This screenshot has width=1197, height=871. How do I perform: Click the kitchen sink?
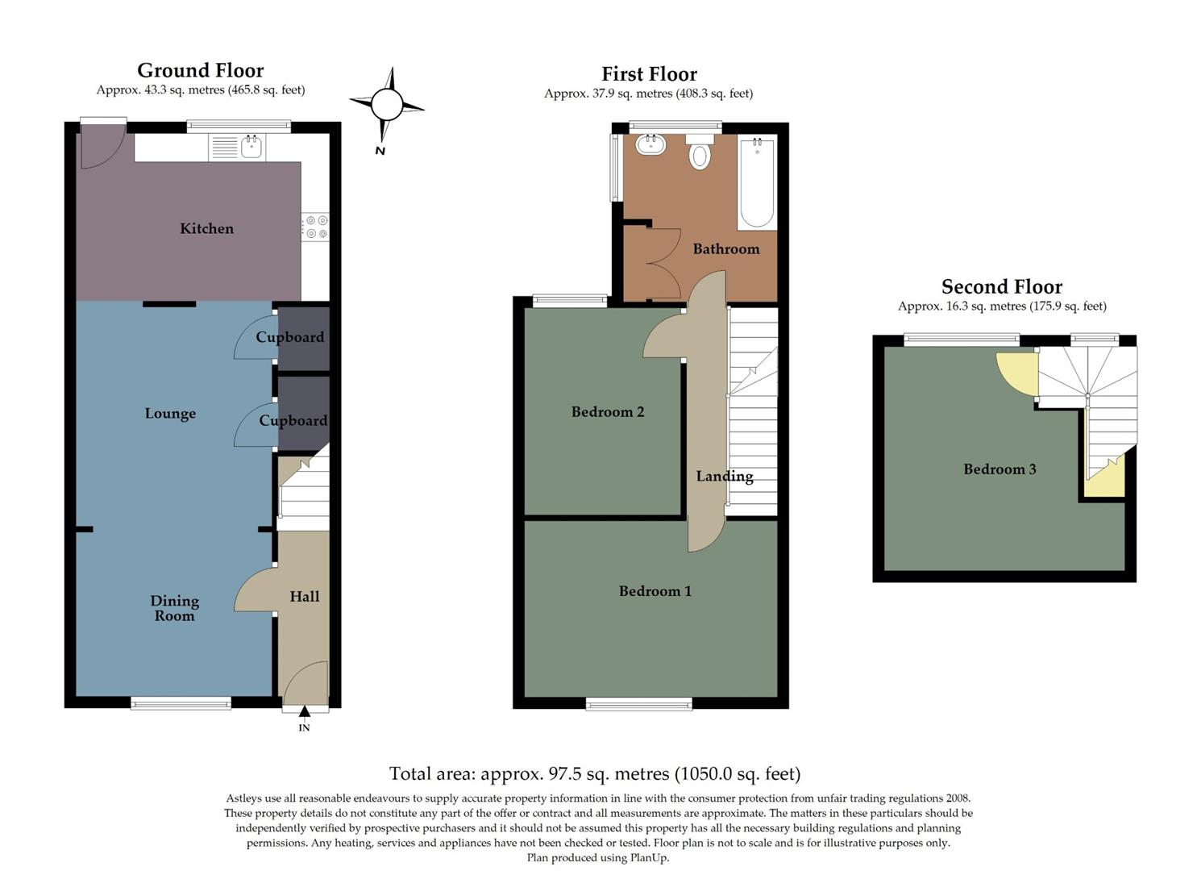click(251, 147)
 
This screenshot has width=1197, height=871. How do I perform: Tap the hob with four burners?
click(316, 227)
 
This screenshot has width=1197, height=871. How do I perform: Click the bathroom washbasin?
click(650, 145)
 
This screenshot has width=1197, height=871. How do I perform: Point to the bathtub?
click(757, 183)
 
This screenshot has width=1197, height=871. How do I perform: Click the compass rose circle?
click(386, 104)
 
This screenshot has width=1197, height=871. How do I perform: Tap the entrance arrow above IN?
click(305, 711)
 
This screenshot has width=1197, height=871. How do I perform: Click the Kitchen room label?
click(206, 229)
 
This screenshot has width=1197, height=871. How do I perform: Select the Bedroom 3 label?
click(1000, 469)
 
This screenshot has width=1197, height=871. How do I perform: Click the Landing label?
click(725, 476)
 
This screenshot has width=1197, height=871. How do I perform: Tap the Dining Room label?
click(174, 608)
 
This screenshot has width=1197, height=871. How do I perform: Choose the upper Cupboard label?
click(290, 337)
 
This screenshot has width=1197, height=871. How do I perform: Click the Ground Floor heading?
click(200, 71)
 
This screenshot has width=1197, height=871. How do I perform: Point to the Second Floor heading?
click(1001, 287)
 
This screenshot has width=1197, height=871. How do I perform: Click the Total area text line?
click(595, 774)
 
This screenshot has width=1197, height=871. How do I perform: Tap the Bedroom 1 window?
click(638, 704)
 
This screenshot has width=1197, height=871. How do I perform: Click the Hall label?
click(305, 597)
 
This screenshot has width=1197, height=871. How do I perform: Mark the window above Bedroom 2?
click(570, 301)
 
